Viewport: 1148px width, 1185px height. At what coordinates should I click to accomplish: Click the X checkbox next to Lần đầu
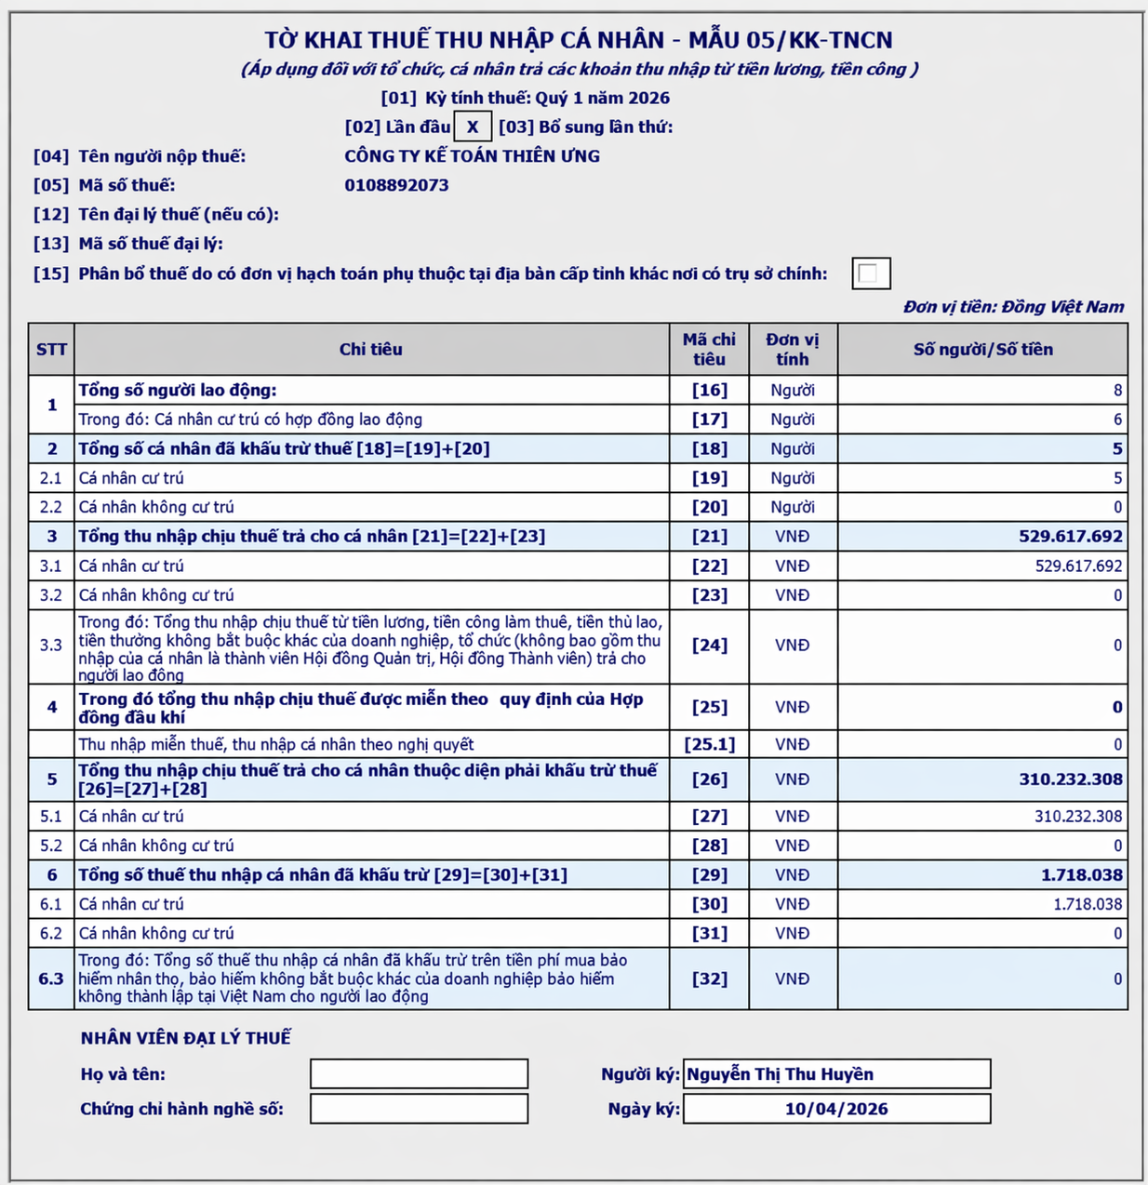pos(473,127)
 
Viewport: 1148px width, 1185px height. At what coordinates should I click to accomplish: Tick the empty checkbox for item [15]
pos(871,273)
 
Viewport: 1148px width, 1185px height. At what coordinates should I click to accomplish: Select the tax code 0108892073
pos(396,185)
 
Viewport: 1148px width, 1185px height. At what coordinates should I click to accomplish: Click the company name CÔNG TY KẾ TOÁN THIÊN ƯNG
pos(472,156)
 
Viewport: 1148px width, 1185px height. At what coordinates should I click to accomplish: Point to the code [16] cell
pos(709,391)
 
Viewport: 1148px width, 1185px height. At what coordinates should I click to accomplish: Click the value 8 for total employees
pos(1117,391)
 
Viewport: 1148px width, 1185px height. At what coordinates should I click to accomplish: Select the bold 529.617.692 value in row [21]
pos(1070,537)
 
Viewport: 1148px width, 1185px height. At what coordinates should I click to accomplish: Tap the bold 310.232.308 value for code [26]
pos(1070,779)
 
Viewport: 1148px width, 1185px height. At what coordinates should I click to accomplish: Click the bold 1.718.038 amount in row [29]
pos(1081,875)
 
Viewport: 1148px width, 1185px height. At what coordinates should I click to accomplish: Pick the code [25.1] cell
pos(709,744)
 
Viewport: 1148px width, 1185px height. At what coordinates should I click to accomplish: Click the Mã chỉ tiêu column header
pos(709,350)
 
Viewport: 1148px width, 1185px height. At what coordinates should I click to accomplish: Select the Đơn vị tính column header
pos(793,350)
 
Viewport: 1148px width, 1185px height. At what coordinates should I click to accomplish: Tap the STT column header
pos(51,350)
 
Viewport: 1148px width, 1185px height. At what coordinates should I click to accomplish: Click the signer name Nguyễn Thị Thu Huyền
pos(780,1074)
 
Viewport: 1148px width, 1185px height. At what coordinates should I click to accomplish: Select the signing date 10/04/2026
pos(836,1109)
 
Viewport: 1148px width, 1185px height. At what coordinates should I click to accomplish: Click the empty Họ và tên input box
pos(419,1074)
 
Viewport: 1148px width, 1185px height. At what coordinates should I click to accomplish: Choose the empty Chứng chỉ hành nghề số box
pos(419,1109)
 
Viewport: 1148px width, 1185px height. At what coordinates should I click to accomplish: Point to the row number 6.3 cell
pos(51,979)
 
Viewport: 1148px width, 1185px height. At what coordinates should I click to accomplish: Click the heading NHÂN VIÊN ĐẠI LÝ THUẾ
pos(185,1038)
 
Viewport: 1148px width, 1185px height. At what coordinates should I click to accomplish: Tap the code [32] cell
pos(709,979)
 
